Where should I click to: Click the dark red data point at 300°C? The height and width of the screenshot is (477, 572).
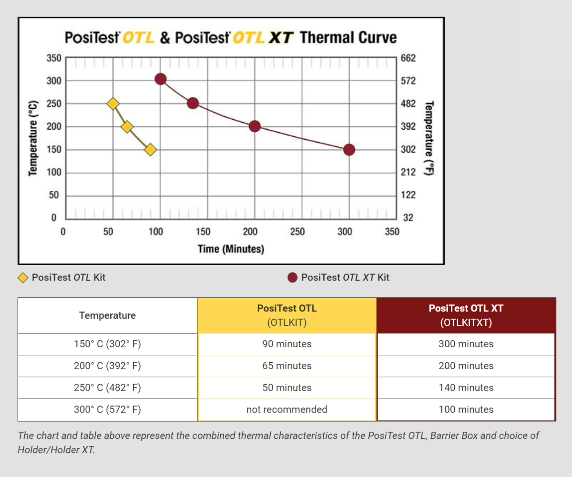coord(161,79)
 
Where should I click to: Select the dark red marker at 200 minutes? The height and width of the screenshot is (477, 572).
coord(255,126)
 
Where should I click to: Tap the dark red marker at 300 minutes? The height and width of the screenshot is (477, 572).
coord(349,150)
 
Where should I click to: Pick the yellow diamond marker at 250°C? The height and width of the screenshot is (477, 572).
coord(113,104)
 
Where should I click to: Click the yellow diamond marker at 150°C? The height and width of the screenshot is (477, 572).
coord(150,150)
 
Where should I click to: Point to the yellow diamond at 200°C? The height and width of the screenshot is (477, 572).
coord(127,127)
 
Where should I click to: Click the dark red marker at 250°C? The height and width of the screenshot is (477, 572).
coord(193,103)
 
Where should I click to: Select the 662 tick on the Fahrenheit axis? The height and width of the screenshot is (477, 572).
coord(409,58)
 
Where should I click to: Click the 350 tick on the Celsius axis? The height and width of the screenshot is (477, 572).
coord(54,58)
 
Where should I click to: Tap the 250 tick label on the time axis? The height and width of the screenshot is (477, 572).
coord(297,232)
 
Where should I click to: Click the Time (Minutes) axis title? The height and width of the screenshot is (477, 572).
coord(231,249)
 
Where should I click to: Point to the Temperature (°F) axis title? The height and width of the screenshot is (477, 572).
coord(430,138)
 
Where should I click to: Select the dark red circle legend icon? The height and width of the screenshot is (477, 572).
coord(293,278)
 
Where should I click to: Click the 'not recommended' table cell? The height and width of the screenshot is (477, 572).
coord(286,409)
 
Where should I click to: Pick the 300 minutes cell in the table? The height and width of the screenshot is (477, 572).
coord(466,344)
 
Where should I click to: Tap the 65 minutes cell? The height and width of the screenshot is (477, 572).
coord(286,366)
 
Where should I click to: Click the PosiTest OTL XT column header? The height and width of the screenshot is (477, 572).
coord(466,315)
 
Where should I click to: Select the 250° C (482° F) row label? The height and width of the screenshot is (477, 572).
coord(107,388)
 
